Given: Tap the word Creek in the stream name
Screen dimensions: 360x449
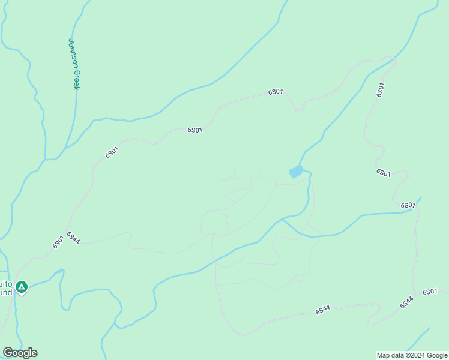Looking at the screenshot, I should pos(76,82).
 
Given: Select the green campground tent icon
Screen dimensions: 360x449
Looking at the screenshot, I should pos(22,287).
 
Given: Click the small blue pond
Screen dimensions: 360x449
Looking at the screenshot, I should pos(296,172).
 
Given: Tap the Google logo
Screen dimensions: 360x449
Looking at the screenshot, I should pos(20,353).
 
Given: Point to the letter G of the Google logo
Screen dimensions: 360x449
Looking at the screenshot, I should pos(8,353).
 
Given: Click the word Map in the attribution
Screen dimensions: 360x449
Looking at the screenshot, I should pos(384,355).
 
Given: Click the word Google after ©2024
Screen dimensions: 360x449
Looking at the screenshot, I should pos(438,355).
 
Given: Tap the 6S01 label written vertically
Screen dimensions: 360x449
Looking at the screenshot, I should pos(381,89).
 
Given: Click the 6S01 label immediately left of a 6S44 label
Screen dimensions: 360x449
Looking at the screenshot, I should pos(58,241).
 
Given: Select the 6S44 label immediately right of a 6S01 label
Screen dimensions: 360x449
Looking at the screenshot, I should pos(73,238).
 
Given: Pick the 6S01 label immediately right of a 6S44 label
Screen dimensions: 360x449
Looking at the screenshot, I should pos(430,292).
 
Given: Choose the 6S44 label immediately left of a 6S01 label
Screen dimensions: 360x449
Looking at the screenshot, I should pos(407,302).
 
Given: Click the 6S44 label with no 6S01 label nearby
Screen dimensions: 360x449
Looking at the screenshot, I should pos(323,310).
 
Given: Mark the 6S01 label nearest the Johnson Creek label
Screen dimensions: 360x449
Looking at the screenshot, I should pos(112,152).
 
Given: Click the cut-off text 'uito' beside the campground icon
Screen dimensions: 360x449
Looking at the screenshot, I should pos(5,284).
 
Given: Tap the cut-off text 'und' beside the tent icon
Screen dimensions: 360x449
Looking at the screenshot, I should pos(5,292).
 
